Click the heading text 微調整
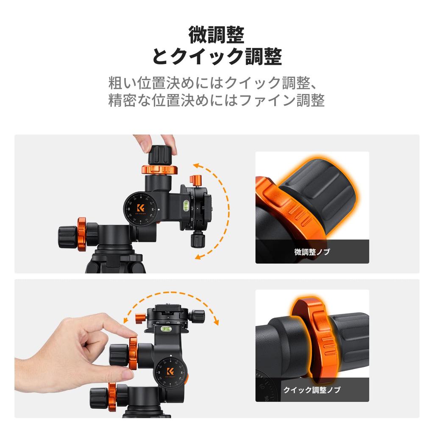(217, 35)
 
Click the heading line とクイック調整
(217, 57)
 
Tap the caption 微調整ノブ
(312, 252)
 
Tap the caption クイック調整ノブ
(312, 390)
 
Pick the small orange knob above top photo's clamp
(195, 180)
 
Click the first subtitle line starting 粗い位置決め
(217, 81)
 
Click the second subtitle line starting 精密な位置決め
(217, 100)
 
